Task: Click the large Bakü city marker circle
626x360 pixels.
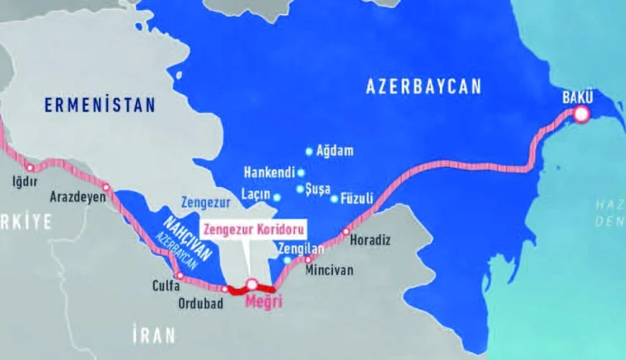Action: tap(581, 114)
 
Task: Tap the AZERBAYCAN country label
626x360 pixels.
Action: tap(423, 87)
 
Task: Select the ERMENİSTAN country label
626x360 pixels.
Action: tap(99, 105)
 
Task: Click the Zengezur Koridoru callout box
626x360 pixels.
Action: tap(253, 230)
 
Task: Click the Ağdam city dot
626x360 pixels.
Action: tap(309, 151)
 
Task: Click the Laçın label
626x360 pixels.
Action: tap(255, 195)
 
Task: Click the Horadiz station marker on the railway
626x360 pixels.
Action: tap(346, 231)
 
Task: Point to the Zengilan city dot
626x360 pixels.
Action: tap(287, 259)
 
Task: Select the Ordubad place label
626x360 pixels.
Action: tap(201, 303)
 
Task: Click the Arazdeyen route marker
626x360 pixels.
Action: tap(106, 187)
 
